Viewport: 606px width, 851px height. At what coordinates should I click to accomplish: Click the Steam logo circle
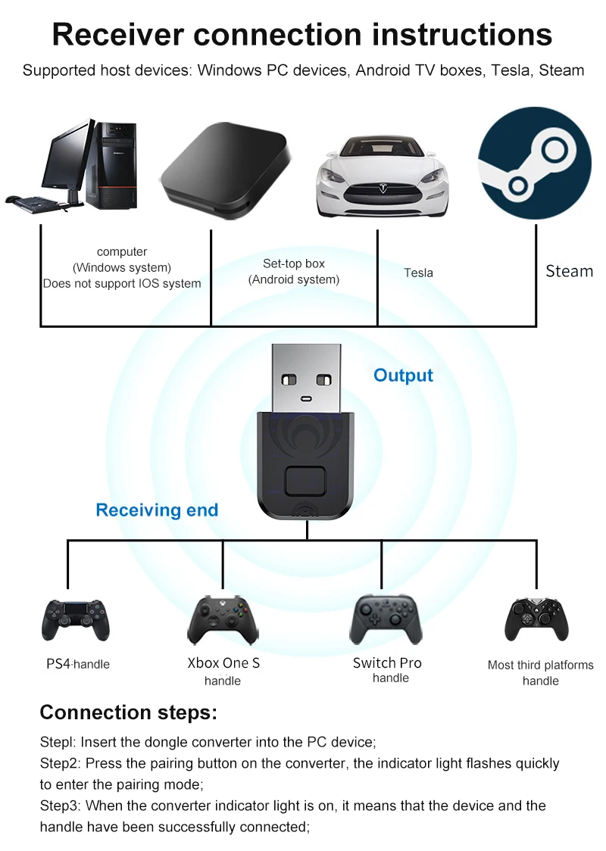pos(534,163)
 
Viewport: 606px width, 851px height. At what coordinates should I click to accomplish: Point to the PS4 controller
pos(76,619)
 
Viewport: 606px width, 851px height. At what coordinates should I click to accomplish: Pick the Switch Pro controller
pos(386,618)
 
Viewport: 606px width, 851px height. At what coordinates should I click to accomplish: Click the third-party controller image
pos(536,619)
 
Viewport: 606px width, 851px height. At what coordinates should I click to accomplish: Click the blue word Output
pos(403,376)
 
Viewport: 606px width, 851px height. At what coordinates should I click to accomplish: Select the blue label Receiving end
pos(157,510)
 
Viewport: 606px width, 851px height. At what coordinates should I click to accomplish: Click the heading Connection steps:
pos(128,712)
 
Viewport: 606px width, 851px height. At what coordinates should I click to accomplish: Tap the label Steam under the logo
pos(569,271)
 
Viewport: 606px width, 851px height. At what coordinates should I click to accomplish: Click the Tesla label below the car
pos(418,273)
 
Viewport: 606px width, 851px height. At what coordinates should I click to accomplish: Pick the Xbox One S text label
pos(223,663)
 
